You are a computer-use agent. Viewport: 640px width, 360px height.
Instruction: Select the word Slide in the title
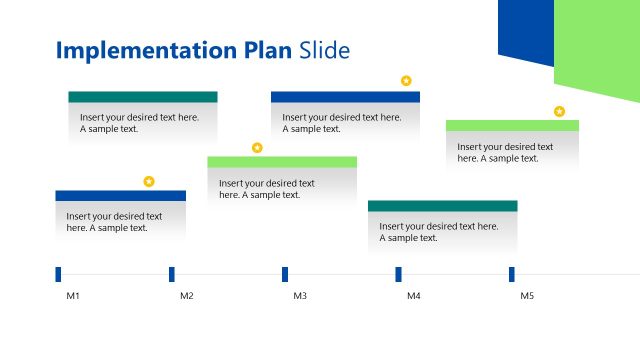[x=325, y=51]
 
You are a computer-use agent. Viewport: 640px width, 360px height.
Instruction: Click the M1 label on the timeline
[x=73, y=296]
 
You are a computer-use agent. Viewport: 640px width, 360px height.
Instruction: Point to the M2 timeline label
[x=186, y=296]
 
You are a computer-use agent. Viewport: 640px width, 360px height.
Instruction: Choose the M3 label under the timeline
[x=300, y=296]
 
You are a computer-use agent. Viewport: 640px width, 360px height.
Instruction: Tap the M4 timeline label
[x=413, y=296]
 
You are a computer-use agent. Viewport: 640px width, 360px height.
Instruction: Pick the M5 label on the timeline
[x=527, y=296]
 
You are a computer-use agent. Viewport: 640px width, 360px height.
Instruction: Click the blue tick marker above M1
[x=58, y=274]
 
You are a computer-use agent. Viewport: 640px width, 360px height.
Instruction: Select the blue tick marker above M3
[x=285, y=274]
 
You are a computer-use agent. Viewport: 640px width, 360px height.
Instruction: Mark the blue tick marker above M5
[x=512, y=274]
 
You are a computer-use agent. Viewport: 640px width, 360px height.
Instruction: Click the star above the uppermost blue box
[x=406, y=80]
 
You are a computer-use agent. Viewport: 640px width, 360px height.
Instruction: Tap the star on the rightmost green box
[x=559, y=111]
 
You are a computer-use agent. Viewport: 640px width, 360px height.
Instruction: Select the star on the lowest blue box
[x=149, y=181]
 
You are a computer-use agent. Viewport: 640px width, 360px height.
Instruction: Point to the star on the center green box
[x=257, y=147]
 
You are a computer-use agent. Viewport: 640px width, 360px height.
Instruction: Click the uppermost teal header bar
[x=143, y=97]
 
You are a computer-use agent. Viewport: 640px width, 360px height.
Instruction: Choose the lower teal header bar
[x=442, y=206]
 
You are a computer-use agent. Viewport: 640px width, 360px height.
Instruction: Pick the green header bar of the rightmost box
[x=512, y=125]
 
